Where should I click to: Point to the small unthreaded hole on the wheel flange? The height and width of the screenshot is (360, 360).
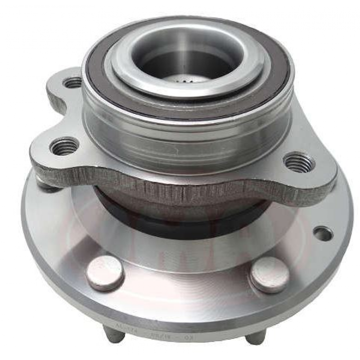tap(323, 233)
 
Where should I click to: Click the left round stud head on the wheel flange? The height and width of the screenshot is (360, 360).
tap(105, 273)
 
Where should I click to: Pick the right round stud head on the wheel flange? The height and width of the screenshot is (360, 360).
tap(270, 274)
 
